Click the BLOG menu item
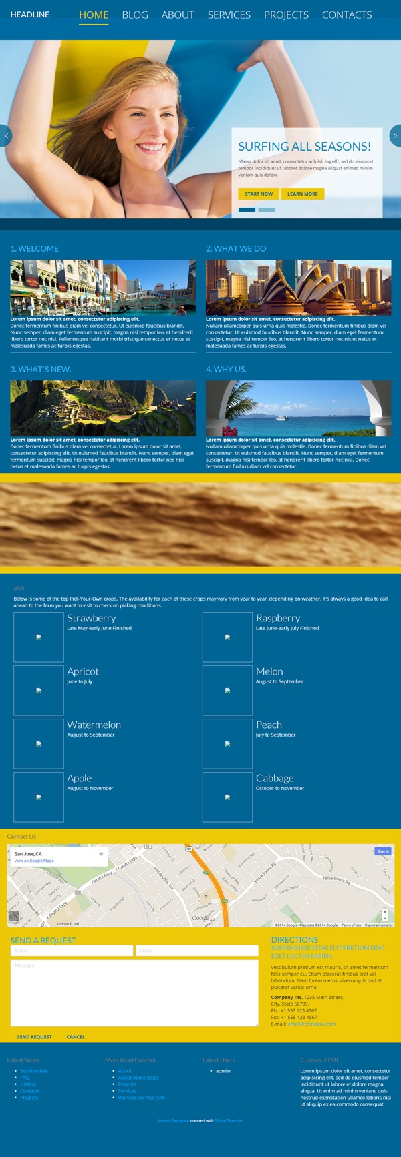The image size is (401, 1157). click(x=135, y=15)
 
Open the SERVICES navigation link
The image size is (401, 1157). click(x=229, y=15)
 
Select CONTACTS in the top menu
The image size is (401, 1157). click(x=346, y=15)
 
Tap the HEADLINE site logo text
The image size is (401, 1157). click(x=30, y=14)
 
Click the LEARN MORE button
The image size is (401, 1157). click(x=302, y=194)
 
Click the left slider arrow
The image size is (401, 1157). click(x=6, y=135)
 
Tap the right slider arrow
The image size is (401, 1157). click(x=395, y=135)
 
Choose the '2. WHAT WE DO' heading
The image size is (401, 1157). click(x=236, y=248)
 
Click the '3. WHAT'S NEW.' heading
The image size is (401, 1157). click(x=41, y=369)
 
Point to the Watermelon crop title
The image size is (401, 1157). click(x=94, y=725)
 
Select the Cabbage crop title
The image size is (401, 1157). click(x=275, y=778)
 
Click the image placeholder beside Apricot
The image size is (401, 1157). click(x=39, y=691)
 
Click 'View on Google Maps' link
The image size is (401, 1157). click(x=34, y=861)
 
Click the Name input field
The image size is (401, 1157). click(x=72, y=951)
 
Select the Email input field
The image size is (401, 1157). click(x=196, y=951)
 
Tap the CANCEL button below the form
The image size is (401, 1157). click(x=76, y=1037)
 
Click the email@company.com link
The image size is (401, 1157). click(x=311, y=1024)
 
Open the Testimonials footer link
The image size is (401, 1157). click(x=35, y=1071)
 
